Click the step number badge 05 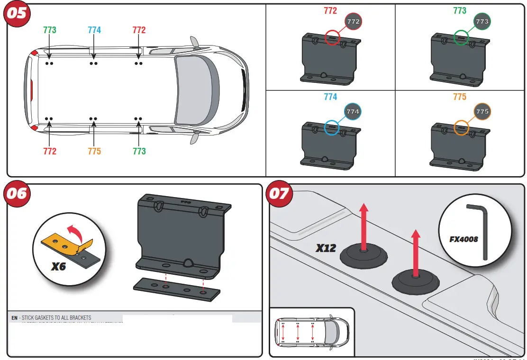(x=16, y=13)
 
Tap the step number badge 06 (x=16, y=193)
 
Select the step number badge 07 (x=279, y=194)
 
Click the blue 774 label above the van (x=94, y=30)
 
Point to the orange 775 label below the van (x=94, y=151)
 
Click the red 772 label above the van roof (x=139, y=30)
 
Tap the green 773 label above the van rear (x=49, y=30)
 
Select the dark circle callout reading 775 (x=482, y=112)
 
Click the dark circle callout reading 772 (x=354, y=22)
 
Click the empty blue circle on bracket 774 (x=332, y=128)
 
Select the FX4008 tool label (x=463, y=239)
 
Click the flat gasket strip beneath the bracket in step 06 (x=176, y=289)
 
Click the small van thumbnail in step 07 (x=311, y=332)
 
